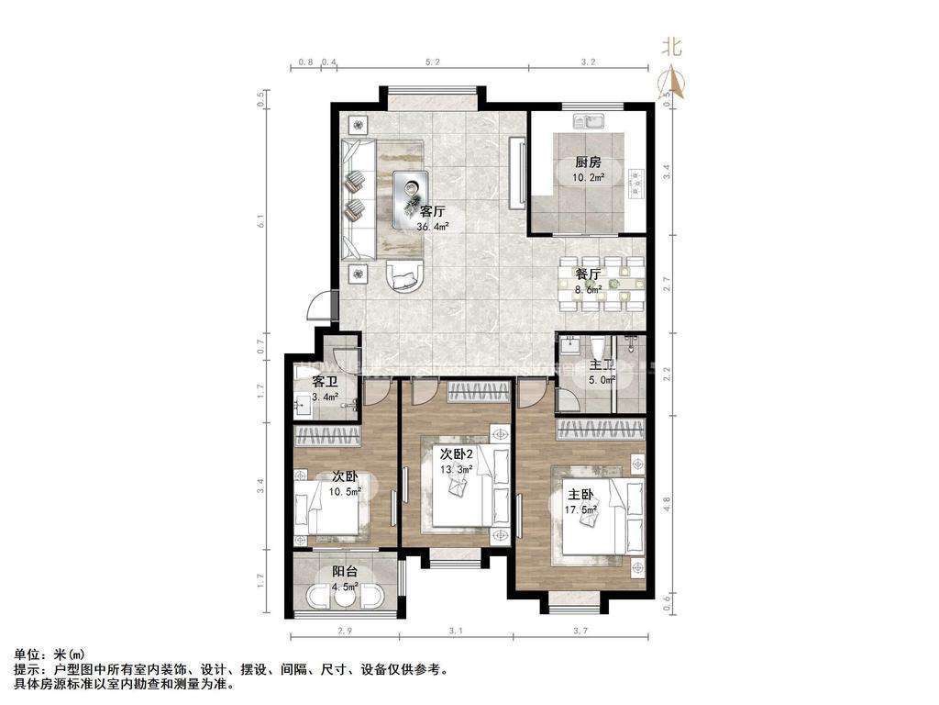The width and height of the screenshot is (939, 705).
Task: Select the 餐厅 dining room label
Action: [x=588, y=274]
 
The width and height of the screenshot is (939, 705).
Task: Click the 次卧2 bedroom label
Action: [x=456, y=454]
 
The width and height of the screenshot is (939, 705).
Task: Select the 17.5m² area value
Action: [x=581, y=509]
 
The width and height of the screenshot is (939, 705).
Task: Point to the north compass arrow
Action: [x=674, y=84]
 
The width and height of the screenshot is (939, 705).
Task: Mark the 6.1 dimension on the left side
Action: [x=262, y=221]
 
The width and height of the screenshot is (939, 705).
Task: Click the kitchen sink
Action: [x=588, y=119]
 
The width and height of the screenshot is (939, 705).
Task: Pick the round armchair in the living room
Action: [x=404, y=274]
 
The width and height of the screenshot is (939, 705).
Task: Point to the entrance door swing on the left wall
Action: [x=317, y=303]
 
